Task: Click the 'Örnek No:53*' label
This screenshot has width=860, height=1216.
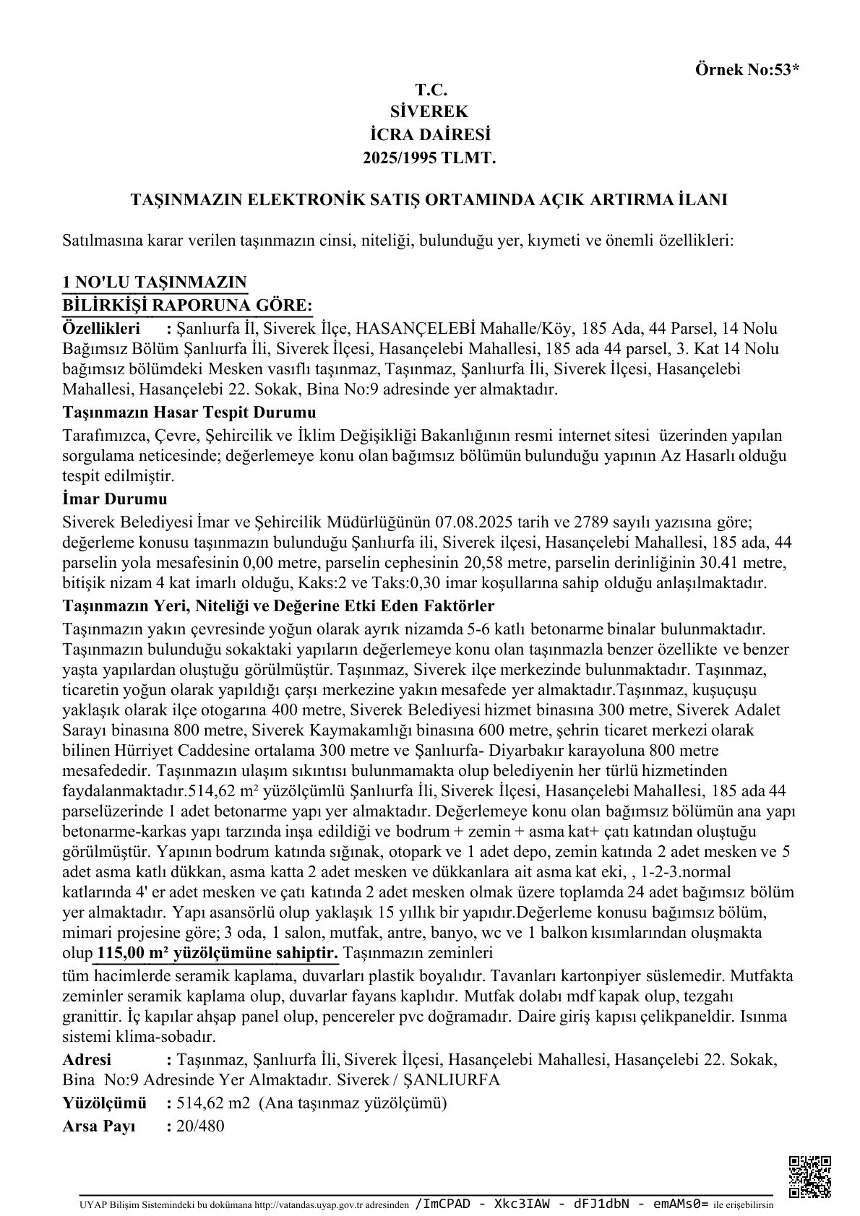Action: [x=747, y=70]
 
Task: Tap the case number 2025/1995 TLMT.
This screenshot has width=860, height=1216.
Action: [x=431, y=156]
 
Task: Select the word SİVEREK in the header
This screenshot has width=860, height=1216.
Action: [x=431, y=112]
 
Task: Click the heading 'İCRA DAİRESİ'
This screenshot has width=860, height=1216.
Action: [x=431, y=134]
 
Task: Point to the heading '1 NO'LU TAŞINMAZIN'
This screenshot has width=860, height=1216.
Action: [x=155, y=282]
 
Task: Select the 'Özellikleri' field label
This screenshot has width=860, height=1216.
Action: [x=101, y=328]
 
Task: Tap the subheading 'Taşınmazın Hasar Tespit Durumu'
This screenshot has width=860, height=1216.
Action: [x=190, y=413]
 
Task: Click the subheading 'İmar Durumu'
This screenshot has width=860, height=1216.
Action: [x=116, y=499]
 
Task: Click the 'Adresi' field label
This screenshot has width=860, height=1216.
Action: [x=87, y=1060]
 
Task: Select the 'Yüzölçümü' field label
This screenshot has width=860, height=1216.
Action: [x=105, y=1103]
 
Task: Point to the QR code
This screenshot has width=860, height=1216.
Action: [x=809, y=1177]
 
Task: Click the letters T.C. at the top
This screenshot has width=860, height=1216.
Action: [x=431, y=90]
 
